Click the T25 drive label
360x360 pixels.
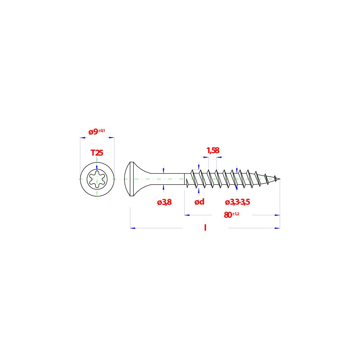[97, 153]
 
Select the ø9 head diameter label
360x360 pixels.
[94, 132]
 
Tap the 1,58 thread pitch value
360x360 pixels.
[213, 150]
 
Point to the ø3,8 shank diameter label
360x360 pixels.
[164, 202]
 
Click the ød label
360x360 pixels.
[199, 202]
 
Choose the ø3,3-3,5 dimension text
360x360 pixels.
[237, 202]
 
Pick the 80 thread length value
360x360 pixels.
[228, 215]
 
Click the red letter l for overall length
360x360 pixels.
[205, 228]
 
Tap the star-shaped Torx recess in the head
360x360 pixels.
[97, 179]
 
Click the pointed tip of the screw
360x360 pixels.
[280, 179]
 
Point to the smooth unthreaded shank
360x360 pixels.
[168, 179]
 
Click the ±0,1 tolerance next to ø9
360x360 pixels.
[102, 131]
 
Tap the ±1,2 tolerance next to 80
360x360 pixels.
[235, 214]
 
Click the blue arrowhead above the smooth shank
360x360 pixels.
[163, 170]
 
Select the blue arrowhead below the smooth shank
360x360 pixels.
[163, 188]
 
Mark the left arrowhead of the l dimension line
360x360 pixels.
[133, 228]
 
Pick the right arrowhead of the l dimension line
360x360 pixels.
[277, 228]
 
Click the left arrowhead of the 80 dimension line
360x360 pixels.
[187, 215]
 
